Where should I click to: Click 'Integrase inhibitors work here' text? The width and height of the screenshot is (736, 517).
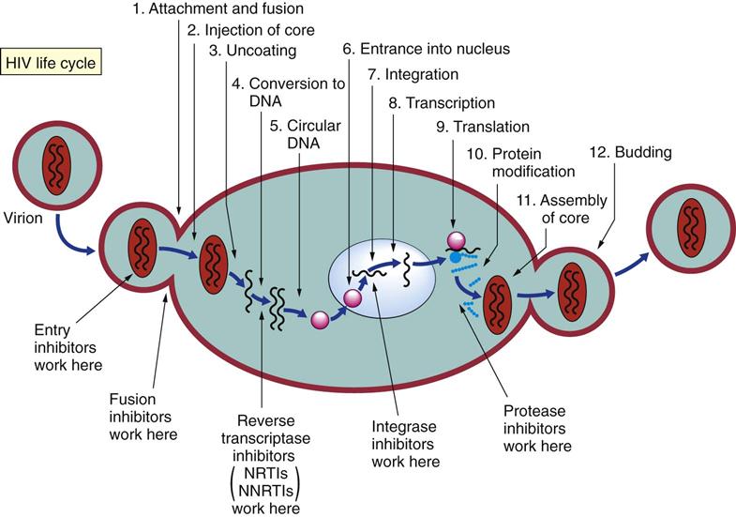point(406,445)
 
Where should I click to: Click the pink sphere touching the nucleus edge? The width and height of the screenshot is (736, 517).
point(353,298)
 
